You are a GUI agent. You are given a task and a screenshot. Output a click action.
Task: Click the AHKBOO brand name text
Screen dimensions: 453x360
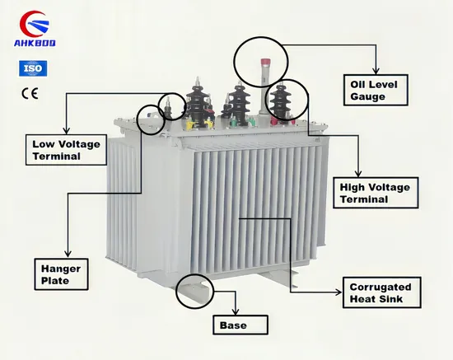point(35,43)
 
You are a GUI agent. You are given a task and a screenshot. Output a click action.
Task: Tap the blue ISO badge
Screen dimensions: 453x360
point(33,68)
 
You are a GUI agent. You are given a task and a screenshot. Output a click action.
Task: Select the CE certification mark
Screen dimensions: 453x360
point(30,93)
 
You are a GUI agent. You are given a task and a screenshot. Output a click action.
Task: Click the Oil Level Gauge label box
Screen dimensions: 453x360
point(376,90)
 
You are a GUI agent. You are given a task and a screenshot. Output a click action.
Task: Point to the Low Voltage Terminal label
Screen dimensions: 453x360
point(66,150)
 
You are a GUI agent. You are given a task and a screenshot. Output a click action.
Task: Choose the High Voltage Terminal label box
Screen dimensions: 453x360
point(376,193)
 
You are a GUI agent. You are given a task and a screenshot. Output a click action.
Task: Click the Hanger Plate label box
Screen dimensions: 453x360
point(61,274)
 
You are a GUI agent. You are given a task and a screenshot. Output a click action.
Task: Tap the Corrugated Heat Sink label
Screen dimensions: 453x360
point(381,292)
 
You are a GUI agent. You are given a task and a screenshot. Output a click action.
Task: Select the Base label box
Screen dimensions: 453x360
point(241,325)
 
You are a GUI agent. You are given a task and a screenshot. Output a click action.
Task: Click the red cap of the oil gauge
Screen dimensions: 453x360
point(265,63)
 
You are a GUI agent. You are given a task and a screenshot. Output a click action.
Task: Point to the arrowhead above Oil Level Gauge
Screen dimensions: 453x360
point(376,71)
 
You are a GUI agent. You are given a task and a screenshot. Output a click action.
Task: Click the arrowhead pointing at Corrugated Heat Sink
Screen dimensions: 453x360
point(339,292)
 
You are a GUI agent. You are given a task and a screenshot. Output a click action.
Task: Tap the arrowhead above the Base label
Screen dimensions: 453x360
point(236,311)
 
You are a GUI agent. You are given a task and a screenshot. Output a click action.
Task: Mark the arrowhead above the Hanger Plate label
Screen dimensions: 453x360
point(68,254)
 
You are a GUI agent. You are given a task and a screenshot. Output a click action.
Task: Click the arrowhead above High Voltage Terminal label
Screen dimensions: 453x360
point(358,173)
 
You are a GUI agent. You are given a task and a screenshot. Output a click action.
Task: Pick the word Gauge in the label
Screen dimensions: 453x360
point(368,96)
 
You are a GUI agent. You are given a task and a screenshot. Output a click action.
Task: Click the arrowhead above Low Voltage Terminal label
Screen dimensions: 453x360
point(67,130)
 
